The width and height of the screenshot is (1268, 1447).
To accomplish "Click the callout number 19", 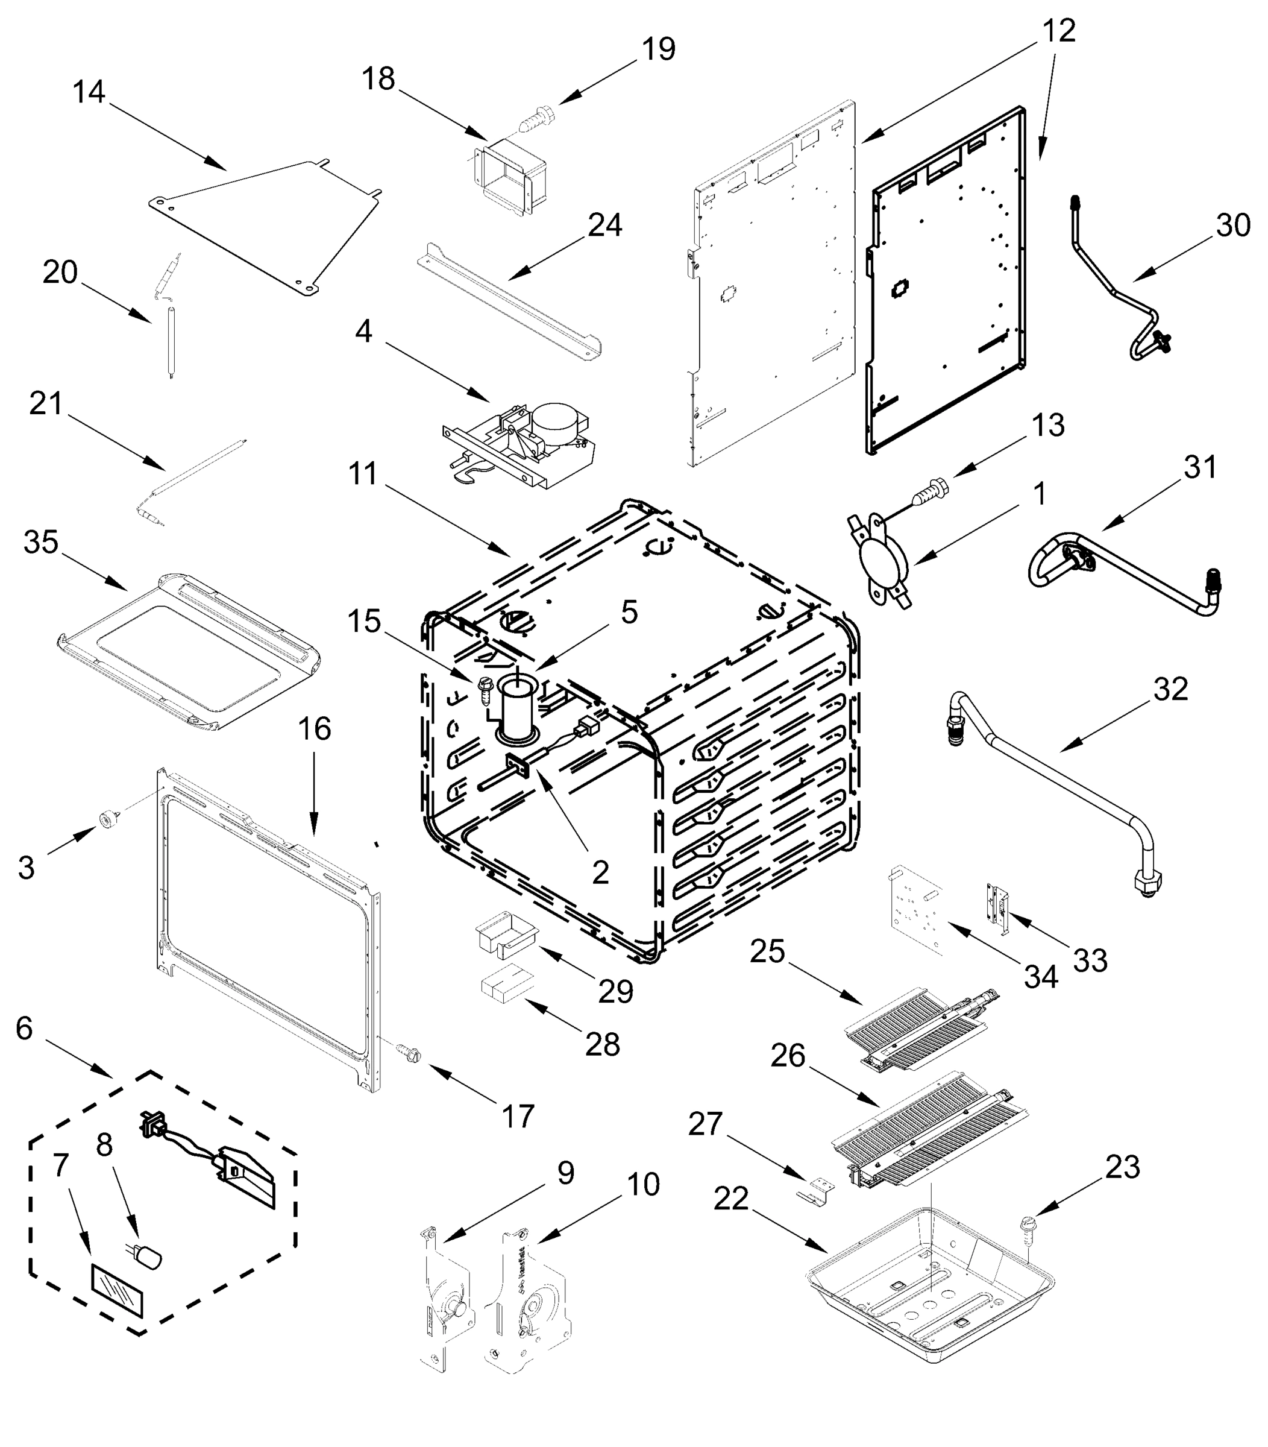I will tap(658, 49).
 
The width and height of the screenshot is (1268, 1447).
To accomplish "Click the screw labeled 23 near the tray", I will tap(1027, 1226).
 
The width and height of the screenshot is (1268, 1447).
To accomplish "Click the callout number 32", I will tap(1170, 689).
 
